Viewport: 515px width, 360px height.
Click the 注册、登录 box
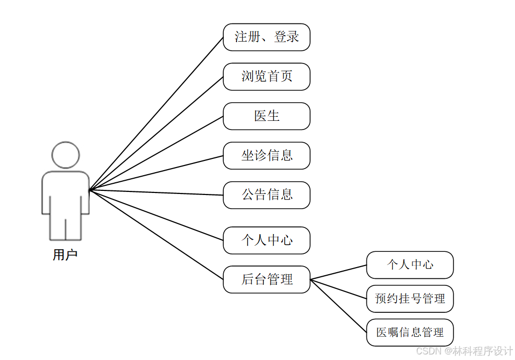click(266, 37)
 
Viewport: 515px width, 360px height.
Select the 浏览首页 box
click(266, 77)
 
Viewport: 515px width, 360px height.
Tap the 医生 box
click(266, 116)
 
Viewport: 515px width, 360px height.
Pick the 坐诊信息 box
click(266, 155)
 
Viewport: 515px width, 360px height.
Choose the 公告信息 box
click(266, 195)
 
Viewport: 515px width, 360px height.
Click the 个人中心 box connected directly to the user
click(266, 240)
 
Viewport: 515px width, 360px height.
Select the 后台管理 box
click(266, 279)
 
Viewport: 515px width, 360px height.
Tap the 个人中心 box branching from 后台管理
click(409, 265)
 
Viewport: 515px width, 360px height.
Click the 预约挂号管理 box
click(409, 299)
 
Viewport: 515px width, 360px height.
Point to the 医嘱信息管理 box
click(409, 333)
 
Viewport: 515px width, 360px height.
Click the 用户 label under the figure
click(65, 255)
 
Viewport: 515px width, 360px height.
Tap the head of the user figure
click(65, 155)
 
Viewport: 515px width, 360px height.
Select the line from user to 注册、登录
click(156, 114)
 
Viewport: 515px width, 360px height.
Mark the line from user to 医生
click(156, 153)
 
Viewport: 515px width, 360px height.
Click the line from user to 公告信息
click(156, 193)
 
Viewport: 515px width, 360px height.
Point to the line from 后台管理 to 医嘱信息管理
click(338, 306)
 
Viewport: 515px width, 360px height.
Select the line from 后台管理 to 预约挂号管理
click(338, 289)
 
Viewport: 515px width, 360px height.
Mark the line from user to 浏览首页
click(156, 134)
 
